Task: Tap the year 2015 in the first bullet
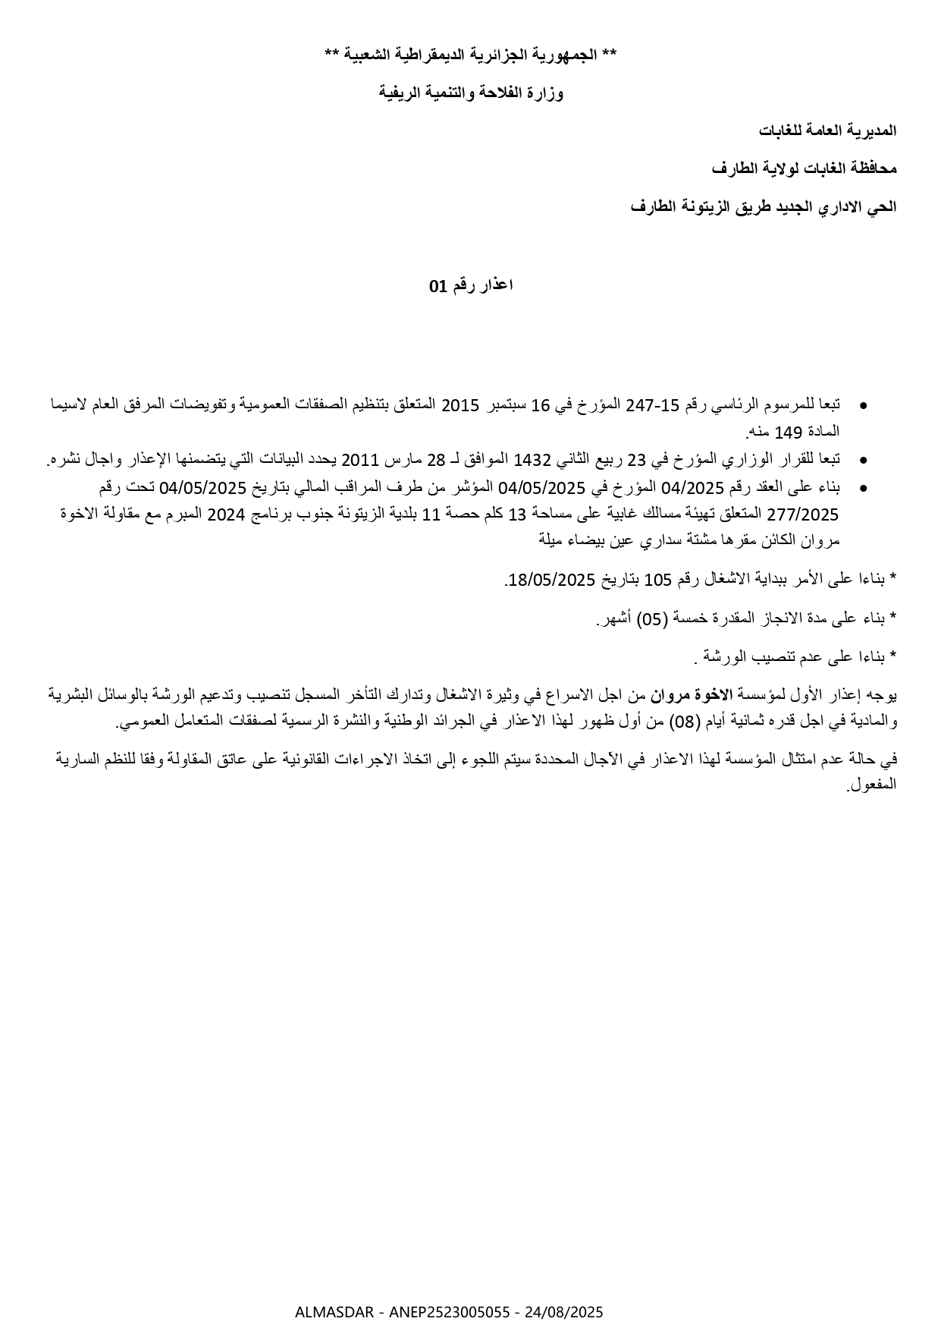[x=460, y=404]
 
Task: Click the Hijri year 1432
[x=532, y=460]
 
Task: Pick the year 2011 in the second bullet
[x=359, y=460]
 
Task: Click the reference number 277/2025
[x=803, y=514]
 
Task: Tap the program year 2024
[x=226, y=514]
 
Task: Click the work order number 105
[x=658, y=581]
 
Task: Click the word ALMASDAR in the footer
[x=334, y=1312]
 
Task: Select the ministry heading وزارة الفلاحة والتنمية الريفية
[x=471, y=93]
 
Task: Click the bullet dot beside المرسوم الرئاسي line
[x=864, y=406]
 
